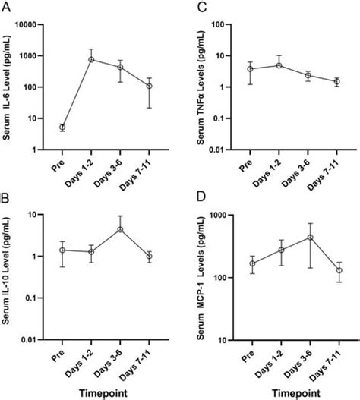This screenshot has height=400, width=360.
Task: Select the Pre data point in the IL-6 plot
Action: (62, 128)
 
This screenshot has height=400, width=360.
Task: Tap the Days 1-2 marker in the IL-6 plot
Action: (91, 59)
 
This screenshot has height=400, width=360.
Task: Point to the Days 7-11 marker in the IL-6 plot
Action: (149, 86)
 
